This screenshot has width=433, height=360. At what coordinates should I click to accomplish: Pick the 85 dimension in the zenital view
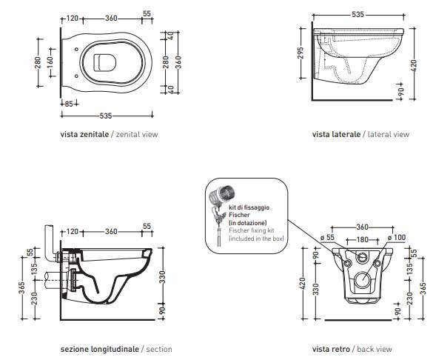click(68, 104)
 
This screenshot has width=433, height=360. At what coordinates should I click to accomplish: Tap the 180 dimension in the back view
click(362, 239)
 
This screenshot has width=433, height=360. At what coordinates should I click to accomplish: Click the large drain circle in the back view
click(363, 279)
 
